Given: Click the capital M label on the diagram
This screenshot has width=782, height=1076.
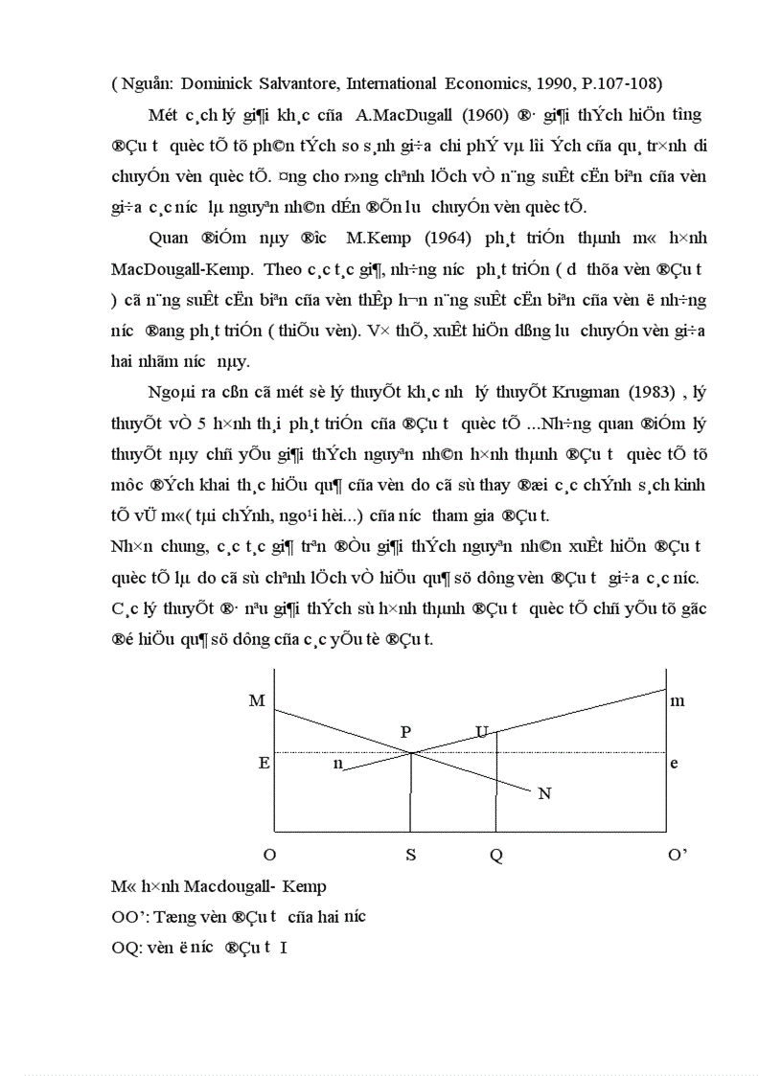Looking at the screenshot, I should (x=256, y=700).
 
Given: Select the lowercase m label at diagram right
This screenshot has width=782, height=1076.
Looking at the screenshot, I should (x=678, y=700).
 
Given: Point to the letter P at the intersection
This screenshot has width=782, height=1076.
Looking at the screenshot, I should (x=406, y=732).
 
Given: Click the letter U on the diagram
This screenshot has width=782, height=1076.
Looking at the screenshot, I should (x=482, y=733).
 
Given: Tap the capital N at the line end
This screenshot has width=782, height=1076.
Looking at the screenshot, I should (x=544, y=793).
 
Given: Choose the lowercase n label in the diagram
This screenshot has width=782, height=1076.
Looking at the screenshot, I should (x=337, y=765).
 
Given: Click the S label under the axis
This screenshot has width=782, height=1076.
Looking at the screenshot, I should (x=410, y=856).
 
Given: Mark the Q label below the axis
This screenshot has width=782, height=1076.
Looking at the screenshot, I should (x=495, y=856).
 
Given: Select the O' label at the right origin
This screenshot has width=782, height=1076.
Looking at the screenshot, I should (x=678, y=856).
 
